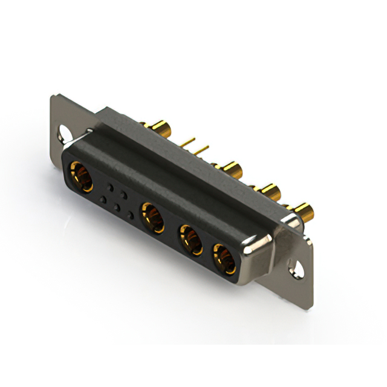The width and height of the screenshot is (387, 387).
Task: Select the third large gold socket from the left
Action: (189, 238)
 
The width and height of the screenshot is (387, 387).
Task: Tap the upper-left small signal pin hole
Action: (110, 186)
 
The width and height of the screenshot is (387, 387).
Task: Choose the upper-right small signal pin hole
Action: (124, 193)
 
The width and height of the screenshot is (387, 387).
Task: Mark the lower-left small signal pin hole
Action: (103, 198)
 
